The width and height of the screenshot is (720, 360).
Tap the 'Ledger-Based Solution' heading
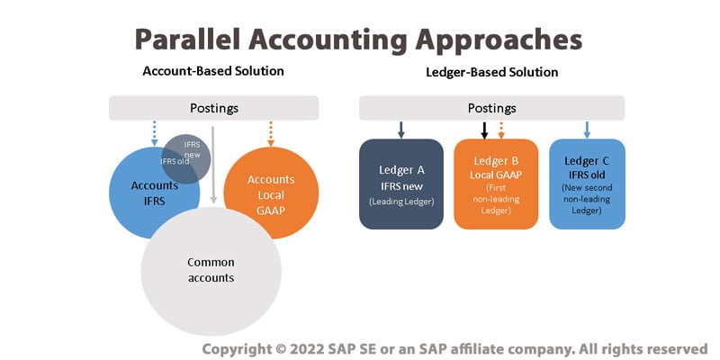[x=491, y=72]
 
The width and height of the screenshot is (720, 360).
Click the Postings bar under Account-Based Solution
[x=213, y=108]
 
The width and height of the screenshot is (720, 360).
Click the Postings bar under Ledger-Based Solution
[x=491, y=108]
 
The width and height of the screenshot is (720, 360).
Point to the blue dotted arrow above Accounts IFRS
[x=155, y=131]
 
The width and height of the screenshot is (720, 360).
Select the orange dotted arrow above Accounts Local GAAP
[x=271, y=132]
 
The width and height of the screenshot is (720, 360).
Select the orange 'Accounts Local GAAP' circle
[x=271, y=193]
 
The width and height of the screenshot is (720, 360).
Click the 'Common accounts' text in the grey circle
[x=211, y=270]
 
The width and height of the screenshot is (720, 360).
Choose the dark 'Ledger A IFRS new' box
[x=400, y=184]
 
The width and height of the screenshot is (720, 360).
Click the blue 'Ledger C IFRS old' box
[x=587, y=184]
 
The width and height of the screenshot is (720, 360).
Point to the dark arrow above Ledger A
[x=401, y=130]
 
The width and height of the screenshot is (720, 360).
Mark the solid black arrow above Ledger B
[x=484, y=130]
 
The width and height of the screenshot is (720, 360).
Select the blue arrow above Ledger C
[x=587, y=130]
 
